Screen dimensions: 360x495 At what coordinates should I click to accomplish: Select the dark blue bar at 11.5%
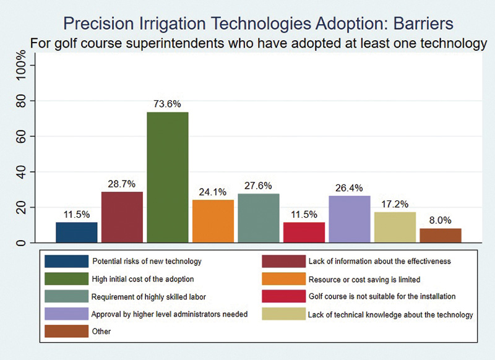77,232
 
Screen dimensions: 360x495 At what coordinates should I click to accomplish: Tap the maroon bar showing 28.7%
122,217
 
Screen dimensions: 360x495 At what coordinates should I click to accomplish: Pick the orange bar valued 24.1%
213,221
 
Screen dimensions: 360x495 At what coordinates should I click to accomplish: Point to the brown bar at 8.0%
441,235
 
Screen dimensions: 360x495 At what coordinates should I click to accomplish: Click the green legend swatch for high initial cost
64,279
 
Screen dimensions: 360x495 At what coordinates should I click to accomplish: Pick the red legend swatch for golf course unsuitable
283,296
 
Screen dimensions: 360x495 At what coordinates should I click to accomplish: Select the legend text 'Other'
101,332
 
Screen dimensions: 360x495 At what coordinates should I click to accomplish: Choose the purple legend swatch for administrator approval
64,314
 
